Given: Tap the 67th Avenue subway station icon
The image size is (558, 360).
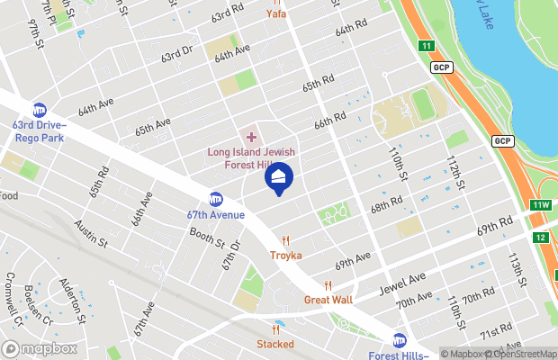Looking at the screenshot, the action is pyautogui.click(x=216, y=199).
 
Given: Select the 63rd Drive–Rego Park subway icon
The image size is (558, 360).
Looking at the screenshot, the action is pyautogui.click(x=40, y=109).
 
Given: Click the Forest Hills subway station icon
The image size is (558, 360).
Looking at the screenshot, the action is pyautogui.click(x=399, y=339).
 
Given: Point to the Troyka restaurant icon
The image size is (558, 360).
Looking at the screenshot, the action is pyautogui.click(x=285, y=240).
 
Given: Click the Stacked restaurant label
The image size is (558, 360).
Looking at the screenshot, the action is pyautogui.click(x=275, y=344).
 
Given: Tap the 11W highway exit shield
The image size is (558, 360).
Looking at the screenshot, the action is pyautogui.click(x=540, y=205).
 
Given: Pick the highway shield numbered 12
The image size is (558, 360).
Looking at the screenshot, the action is pyautogui.click(x=540, y=238).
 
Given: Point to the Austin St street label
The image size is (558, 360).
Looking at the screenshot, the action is pyautogui.click(x=91, y=236).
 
